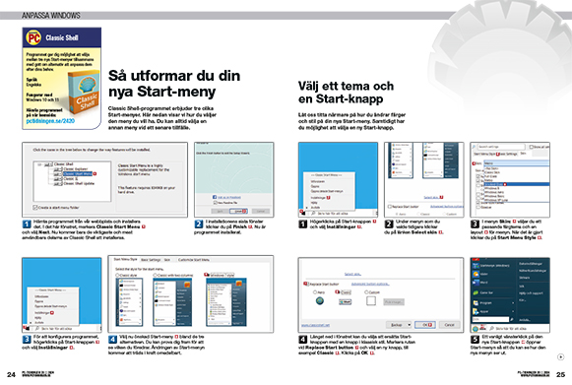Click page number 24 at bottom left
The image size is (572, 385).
(10, 375)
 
